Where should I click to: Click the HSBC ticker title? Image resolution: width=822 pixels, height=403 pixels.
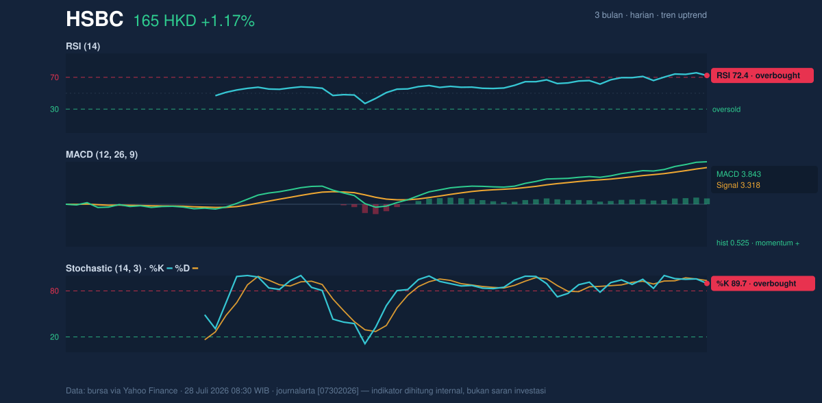point(95,19)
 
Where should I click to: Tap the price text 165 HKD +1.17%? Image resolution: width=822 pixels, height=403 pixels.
point(194,21)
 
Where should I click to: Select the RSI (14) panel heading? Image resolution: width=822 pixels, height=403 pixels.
point(83,46)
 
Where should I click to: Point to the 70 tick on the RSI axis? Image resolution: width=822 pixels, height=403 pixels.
point(54,77)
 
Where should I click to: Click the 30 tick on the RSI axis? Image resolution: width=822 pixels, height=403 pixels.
point(54,110)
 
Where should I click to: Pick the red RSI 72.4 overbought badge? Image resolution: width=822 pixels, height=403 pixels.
point(762,75)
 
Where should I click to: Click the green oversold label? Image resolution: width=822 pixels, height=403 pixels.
point(726,110)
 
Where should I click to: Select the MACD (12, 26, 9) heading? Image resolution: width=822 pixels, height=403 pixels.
point(101,154)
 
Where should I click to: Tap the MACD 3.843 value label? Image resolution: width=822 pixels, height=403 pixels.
point(738,174)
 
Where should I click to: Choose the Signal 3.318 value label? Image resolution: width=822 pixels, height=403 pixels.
point(738,185)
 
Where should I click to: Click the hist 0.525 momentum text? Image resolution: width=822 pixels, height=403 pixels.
point(758,243)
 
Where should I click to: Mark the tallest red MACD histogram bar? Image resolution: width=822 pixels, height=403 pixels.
point(375,209)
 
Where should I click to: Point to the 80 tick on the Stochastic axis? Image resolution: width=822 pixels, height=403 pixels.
point(54,291)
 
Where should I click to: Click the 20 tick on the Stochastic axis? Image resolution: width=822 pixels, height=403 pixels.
point(54,337)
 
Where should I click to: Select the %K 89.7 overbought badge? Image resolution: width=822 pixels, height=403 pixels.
point(763,284)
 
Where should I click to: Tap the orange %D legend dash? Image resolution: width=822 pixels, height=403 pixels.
point(195,269)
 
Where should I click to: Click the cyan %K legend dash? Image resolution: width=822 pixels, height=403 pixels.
point(170,269)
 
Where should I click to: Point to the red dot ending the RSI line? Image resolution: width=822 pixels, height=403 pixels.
point(707,75)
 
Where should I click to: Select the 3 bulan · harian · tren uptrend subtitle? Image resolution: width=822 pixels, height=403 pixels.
point(651,15)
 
